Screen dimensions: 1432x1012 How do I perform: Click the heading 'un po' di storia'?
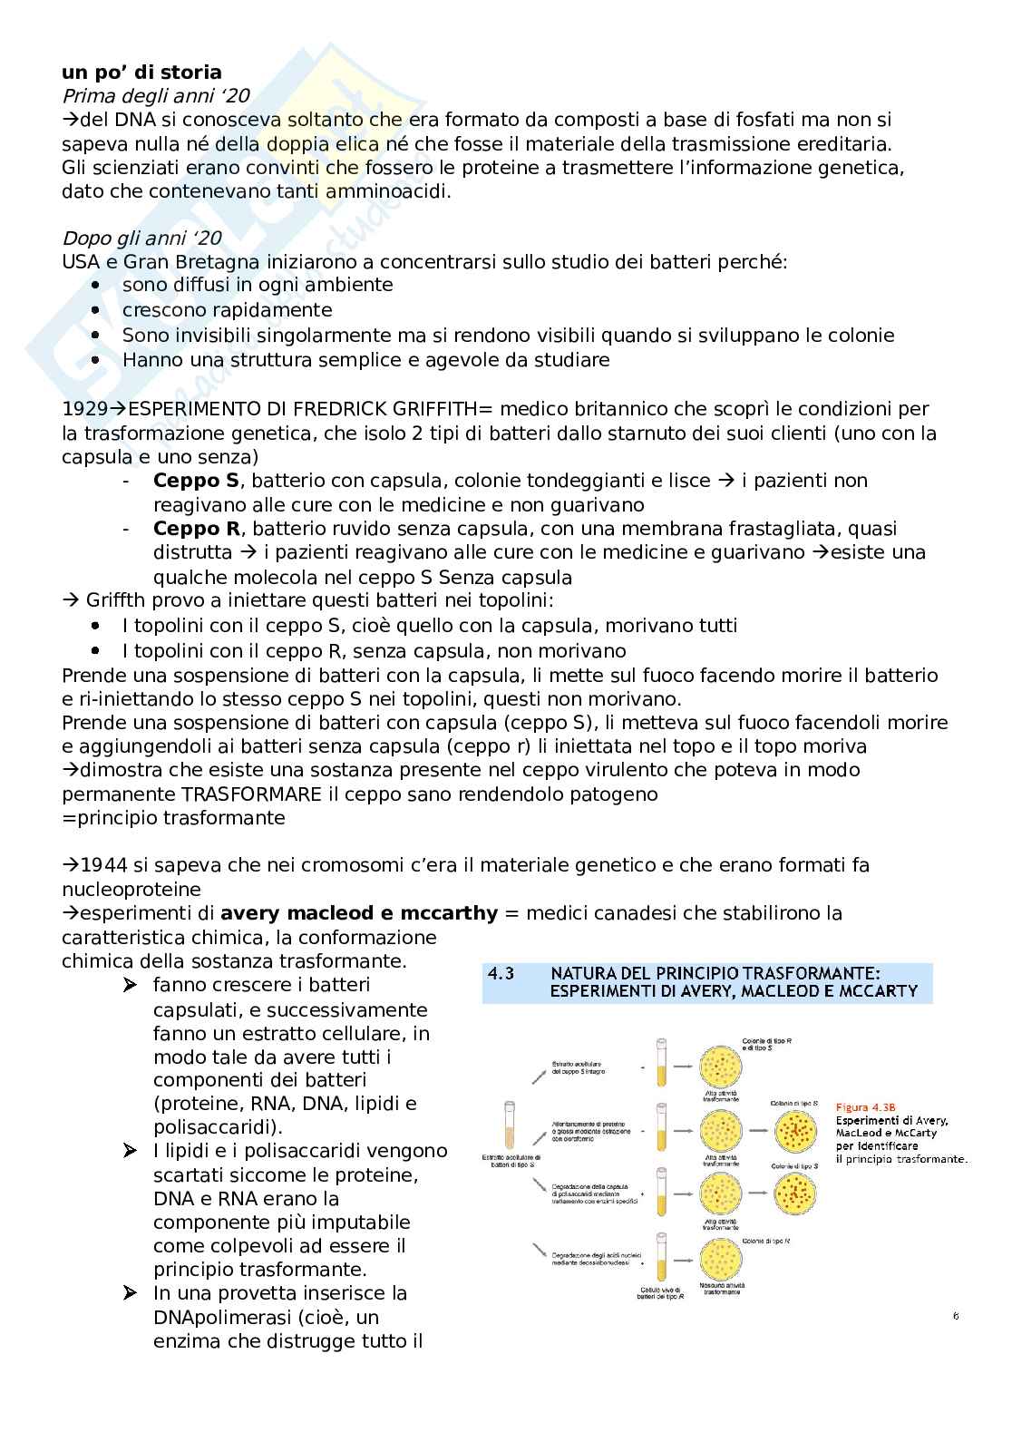pyautogui.click(x=141, y=73)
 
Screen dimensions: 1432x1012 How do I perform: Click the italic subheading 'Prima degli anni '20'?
pyautogui.click(x=155, y=96)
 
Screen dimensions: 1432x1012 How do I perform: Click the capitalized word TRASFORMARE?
pyautogui.click(x=251, y=794)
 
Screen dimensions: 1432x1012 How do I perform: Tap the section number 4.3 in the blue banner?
pyautogui.click(x=501, y=973)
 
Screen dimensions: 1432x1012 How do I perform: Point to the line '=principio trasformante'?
pyautogui.click(x=173, y=818)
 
